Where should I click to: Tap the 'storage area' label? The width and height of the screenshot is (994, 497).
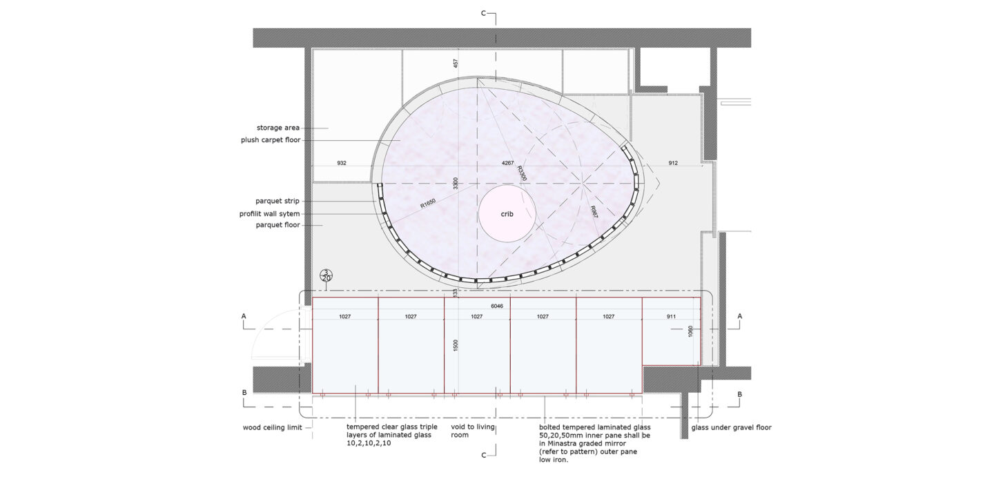(x=277, y=128)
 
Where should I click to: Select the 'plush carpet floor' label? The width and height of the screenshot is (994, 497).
(x=271, y=139)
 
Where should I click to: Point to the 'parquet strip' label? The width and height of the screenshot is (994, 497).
(x=277, y=201)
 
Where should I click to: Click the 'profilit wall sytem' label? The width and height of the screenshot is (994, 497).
(x=269, y=214)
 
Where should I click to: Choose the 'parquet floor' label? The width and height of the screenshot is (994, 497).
(x=277, y=225)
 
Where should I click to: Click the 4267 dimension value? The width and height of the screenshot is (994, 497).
(x=507, y=164)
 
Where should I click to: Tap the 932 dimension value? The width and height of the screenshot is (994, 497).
(x=342, y=164)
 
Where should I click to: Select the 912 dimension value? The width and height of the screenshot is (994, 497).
(x=673, y=164)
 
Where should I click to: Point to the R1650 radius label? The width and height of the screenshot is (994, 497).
(x=428, y=204)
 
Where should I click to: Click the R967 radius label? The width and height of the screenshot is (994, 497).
(x=594, y=212)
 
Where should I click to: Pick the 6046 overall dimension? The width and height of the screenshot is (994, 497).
(x=497, y=306)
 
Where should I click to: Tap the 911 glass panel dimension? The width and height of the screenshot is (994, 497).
(x=671, y=316)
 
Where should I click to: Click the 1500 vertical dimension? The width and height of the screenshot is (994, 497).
(x=456, y=346)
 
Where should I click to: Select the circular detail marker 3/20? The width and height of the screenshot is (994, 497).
(x=327, y=275)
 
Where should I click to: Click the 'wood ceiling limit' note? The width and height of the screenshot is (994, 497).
(x=272, y=428)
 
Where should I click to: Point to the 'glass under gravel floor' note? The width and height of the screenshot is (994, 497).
(x=731, y=428)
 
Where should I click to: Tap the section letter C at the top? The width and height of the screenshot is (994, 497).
(x=484, y=13)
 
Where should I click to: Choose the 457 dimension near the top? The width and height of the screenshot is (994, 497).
(x=456, y=64)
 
